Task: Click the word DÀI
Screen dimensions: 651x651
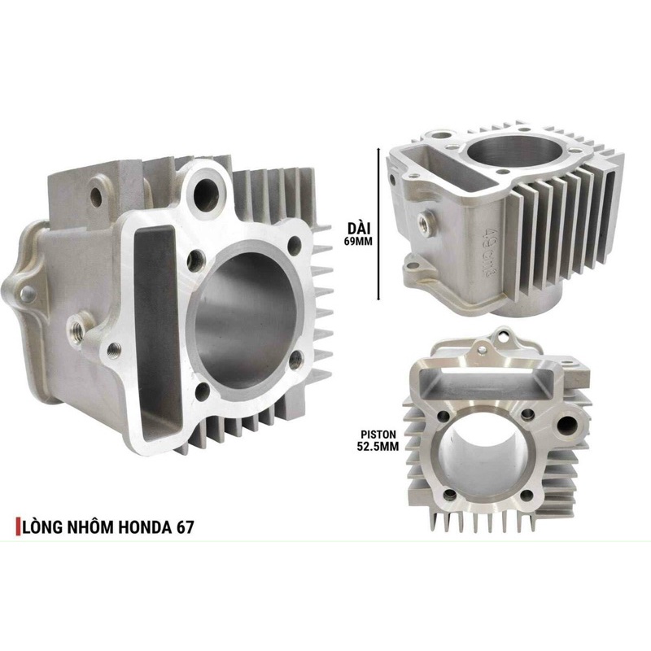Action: click(360, 228)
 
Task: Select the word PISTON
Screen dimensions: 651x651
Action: click(378, 435)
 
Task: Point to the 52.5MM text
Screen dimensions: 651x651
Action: click(378, 446)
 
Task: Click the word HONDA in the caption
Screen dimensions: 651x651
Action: click(145, 526)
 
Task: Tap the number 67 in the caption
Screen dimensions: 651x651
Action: click(185, 526)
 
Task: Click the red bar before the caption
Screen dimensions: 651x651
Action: click(18, 526)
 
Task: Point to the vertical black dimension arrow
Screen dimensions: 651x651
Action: click(378, 225)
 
